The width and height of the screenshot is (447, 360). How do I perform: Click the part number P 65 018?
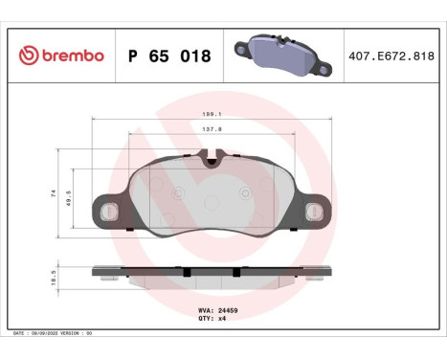(x=168, y=56)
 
